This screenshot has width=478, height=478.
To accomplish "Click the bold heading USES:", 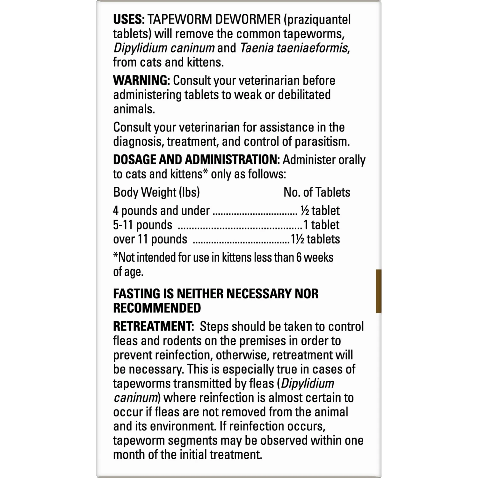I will click(129, 20).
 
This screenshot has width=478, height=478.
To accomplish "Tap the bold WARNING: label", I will click(141, 81).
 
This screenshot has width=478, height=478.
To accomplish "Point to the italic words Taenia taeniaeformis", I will click(293, 48).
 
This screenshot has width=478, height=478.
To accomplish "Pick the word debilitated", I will click(304, 95).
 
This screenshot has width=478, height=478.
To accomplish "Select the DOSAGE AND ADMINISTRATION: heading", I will click(196, 160).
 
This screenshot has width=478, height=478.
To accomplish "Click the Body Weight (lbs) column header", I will click(156, 192).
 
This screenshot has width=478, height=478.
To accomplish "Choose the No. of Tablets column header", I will click(317, 192).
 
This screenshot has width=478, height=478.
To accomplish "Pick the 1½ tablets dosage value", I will click(315, 239).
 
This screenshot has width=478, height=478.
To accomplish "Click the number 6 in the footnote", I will click(299, 257).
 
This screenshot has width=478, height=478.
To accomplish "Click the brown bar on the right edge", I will click(379, 291).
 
